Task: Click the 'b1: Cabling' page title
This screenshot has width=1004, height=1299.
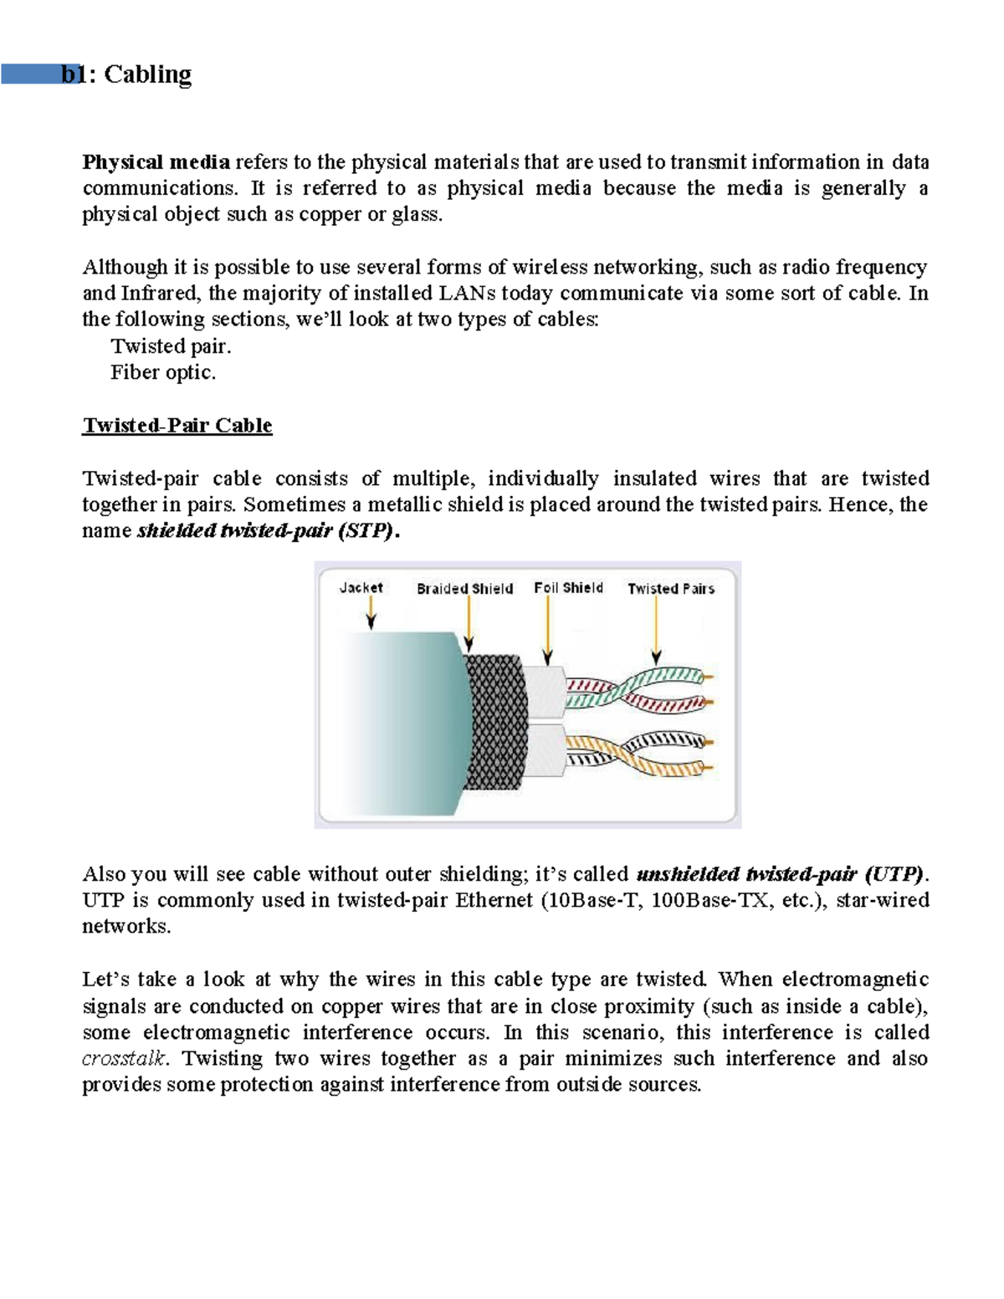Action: (x=126, y=74)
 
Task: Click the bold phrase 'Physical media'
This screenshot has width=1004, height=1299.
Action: (x=156, y=161)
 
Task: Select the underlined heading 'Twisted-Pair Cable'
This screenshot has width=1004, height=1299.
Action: (x=177, y=425)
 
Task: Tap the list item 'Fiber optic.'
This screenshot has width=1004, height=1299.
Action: (x=163, y=372)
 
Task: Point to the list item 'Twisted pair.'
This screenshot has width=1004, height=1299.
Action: (x=171, y=346)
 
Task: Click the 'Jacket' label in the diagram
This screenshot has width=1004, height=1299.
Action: (x=361, y=588)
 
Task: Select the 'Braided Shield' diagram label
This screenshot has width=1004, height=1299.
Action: (x=464, y=589)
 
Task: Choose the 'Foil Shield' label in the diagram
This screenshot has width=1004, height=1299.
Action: (x=568, y=588)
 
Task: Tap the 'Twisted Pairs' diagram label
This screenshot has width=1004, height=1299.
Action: (x=671, y=589)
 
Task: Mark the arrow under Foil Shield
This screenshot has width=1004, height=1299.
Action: (x=548, y=632)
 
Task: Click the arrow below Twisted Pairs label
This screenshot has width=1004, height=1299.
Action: (x=657, y=632)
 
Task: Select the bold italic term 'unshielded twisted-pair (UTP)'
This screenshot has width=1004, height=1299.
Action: (x=781, y=874)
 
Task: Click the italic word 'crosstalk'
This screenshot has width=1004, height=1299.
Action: (x=124, y=1058)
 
